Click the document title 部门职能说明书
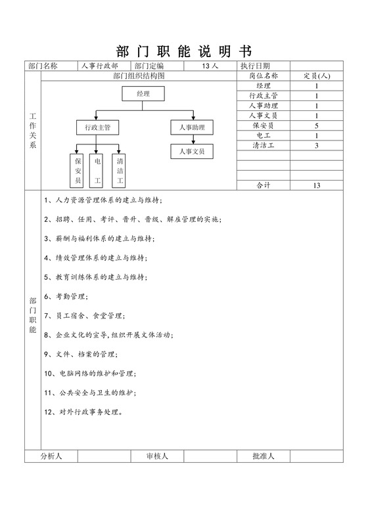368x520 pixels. click(184, 52)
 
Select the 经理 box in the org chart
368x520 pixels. click(143, 94)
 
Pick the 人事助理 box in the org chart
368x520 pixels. click(192, 127)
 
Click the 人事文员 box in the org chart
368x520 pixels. click(192, 152)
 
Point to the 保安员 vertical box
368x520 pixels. click(78, 169)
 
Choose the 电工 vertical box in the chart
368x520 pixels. click(98, 169)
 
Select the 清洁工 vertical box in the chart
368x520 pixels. click(120, 169)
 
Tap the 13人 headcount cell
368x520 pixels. click(211, 66)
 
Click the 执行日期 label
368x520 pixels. click(256, 66)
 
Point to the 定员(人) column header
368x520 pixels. click(317, 76)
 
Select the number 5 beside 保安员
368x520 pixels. click(317, 125)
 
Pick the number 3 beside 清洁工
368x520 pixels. click(317, 145)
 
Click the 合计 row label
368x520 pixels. click(264, 185)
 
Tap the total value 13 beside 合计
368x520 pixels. click(317, 185)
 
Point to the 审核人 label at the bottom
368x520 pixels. click(158, 456)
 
